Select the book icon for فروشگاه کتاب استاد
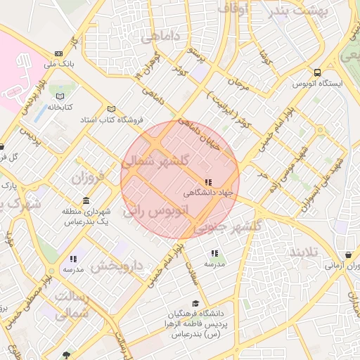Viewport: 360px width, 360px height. [x=110, y=108]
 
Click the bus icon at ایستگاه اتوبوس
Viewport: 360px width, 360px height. [x=319, y=72]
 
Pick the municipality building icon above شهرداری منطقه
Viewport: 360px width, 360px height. [x=86, y=201]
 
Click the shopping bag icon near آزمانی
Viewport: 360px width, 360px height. [x=348, y=255]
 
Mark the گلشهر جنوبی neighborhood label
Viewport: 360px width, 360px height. [x=227, y=226]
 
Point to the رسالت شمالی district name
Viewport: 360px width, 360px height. [x=72, y=306]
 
